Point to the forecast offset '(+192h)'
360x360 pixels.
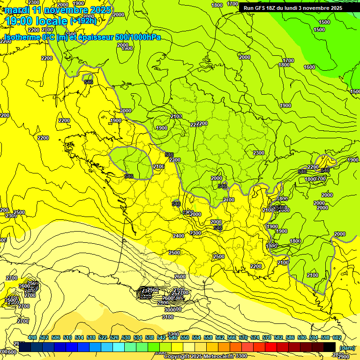pos(83,21)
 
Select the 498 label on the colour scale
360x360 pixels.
pos(32,337)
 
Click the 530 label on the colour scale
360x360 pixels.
pos(126,337)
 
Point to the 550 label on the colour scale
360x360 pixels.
pos(185,337)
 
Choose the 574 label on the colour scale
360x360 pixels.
pos(255,337)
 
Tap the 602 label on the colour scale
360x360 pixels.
pos(337,337)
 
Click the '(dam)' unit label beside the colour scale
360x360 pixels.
pos(347,347)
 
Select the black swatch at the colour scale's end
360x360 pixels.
pos(330,346)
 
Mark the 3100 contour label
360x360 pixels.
pos(167,317)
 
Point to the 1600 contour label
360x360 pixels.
pos(309,67)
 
